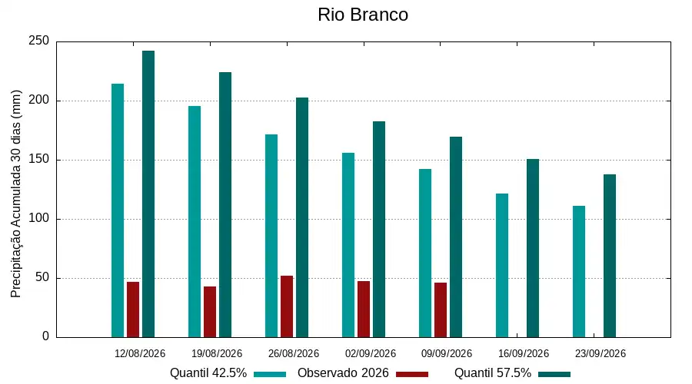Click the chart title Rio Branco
coord(363,15)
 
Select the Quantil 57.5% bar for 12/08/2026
coord(148,194)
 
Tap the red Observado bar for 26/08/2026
coord(287,307)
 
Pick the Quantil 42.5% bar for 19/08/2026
coord(195,222)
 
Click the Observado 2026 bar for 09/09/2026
coord(441,310)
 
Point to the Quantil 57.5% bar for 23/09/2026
coord(610,257)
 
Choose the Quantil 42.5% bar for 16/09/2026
coord(502,266)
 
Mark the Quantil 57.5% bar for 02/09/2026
coord(379,230)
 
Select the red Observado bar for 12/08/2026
coord(133,310)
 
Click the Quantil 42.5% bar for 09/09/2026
coord(425,253)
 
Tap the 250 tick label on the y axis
coord(39,41)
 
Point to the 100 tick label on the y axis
coord(39,218)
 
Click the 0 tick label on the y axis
coord(45,336)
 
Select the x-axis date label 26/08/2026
coord(294,353)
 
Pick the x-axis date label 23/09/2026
coord(601,353)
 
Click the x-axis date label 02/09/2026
coord(371,353)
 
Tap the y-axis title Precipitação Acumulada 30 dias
coord(16,194)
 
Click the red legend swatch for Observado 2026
coord(412,374)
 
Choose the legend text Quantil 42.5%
coord(208,373)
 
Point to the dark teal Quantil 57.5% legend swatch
coord(554,374)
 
